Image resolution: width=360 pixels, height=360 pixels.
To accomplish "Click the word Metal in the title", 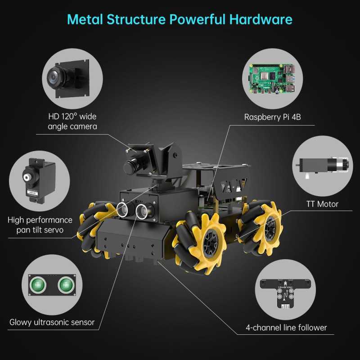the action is [x=85, y=19].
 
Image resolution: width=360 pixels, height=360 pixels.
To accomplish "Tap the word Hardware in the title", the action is [x=261, y=19].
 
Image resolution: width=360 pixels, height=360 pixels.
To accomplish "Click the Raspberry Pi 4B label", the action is [x=272, y=117].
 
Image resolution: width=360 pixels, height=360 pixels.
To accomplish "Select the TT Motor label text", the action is [x=322, y=204].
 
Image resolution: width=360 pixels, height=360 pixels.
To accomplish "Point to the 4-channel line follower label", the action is [x=286, y=328].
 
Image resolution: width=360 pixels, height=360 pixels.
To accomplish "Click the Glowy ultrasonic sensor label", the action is [x=52, y=322].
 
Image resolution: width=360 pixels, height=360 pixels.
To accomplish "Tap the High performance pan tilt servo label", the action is [x=40, y=225].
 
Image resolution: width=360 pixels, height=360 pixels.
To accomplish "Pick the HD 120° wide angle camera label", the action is [x=72, y=121].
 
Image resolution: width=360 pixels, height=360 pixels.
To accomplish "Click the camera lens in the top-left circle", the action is [x=55, y=78].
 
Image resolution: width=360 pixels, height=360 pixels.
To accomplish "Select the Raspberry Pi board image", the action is [x=272, y=78].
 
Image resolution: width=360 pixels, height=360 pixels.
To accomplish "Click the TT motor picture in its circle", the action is [x=322, y=166].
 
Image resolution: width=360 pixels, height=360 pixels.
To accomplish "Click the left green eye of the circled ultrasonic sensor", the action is [x=38, y=285].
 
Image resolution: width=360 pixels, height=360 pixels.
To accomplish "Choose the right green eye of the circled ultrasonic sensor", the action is [x=66, y=285].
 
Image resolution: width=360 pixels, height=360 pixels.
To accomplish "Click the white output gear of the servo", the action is [x=27, y=177].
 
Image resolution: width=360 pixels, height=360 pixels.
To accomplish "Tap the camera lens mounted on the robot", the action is [x=129, y=167].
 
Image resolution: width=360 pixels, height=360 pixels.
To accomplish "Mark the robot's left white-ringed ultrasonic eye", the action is [x=122, y=209].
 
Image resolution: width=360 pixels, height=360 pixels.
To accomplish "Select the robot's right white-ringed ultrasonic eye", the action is [x=142, y=211].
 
